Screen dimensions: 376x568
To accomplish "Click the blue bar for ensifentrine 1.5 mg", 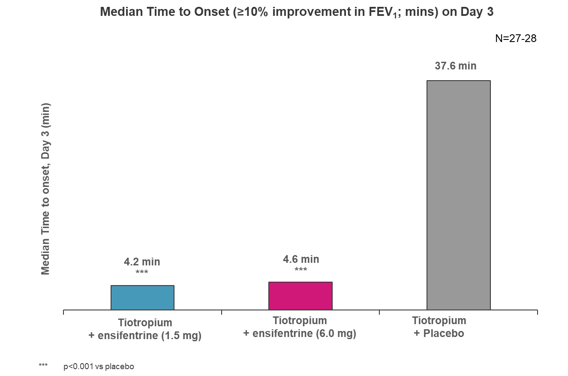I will point(142,298).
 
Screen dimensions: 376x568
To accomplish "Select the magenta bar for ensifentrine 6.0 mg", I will point(300,296).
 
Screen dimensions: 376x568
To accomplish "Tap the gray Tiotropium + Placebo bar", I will point(458,195).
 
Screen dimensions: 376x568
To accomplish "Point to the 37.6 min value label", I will point(455,66).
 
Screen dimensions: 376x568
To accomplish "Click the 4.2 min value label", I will point(142,262).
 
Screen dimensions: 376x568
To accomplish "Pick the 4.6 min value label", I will point(301,259).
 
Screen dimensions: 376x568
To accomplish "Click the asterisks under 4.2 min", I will point(141,273).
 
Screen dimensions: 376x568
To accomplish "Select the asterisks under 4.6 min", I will point(301,270).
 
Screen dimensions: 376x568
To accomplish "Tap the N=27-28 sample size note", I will point(516,38).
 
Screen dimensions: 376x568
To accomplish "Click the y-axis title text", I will point(45,189).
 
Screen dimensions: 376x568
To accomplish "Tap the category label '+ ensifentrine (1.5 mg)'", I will point(145,335).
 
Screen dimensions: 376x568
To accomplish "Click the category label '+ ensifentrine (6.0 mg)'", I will point(300,333).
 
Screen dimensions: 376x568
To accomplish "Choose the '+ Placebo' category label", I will point(439,333).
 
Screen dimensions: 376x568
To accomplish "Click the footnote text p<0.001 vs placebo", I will point(99,367).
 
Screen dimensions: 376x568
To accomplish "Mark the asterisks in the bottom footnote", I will point(43,366).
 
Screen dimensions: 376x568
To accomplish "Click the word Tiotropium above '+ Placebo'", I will point(439,321).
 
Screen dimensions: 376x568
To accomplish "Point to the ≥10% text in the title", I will point(250,12).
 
